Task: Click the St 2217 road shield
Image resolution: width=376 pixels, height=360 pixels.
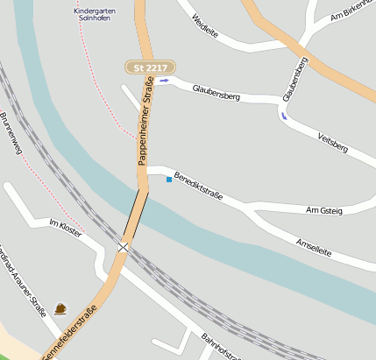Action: tap(150, 67)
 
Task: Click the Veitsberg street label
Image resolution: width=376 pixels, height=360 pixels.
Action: tap(332, 142)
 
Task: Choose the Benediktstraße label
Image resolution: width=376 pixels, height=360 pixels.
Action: tap(198, 185)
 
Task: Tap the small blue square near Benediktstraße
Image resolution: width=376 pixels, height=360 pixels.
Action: tap(169, 180)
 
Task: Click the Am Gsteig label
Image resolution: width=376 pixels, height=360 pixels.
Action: tap(324, 211)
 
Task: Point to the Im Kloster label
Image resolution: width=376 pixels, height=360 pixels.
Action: tap(66, 229)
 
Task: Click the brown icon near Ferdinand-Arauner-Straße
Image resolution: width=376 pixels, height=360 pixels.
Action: tap(60, 308)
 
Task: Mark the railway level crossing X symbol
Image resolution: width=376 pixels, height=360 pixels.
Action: tap(124, 247)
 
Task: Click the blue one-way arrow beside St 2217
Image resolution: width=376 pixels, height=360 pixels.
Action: tap(164, 81)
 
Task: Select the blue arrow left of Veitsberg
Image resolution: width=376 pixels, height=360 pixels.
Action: tap(283, 115)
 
